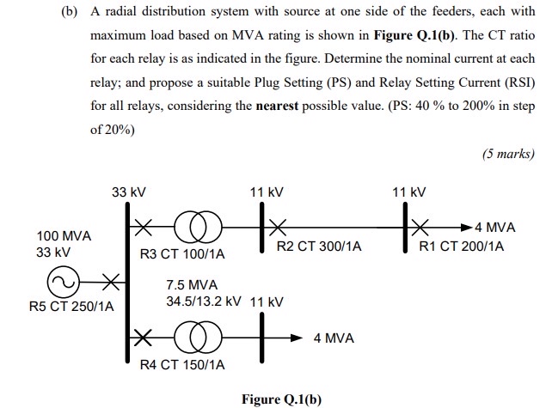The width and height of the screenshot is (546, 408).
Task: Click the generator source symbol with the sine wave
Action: point(66,281)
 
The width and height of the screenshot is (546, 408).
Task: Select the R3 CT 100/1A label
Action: point(181,254)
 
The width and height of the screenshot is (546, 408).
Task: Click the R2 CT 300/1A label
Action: point(319,247)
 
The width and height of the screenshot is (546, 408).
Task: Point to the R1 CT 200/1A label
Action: point(462,247)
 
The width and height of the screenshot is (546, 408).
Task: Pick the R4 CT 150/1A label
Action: point(182,365)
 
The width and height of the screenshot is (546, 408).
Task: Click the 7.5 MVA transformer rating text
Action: point(192,285)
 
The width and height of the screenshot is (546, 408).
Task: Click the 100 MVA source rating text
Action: point(64,236)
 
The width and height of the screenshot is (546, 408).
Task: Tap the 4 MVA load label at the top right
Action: point(494,228)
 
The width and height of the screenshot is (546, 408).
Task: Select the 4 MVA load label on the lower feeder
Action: point(334,338)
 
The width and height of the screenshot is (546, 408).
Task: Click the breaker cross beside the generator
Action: point(110,281)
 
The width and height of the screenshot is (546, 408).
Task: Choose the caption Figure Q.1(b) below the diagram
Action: point(281,399)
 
